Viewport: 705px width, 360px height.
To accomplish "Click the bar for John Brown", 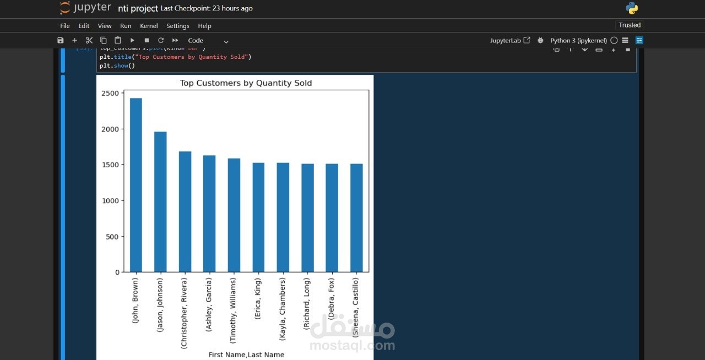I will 136,185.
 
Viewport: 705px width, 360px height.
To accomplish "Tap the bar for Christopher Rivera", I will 185,212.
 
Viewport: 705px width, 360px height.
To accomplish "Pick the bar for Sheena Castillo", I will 356,218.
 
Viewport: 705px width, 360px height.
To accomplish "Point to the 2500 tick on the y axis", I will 110,94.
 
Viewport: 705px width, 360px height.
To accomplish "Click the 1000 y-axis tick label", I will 110,201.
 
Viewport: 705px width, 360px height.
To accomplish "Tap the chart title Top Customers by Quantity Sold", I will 246,83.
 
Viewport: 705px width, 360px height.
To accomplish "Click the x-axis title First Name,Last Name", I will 246,354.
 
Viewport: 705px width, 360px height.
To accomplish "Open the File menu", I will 65,26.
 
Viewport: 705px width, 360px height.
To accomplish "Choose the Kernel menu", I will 149,26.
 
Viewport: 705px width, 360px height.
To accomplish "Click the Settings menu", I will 177,26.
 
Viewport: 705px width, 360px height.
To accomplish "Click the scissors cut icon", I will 89,40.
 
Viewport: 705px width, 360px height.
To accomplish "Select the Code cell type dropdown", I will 208,41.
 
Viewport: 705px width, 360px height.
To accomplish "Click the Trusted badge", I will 630,25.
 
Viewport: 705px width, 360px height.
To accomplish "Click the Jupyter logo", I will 85,8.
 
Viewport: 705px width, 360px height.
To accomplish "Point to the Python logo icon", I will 632,8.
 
